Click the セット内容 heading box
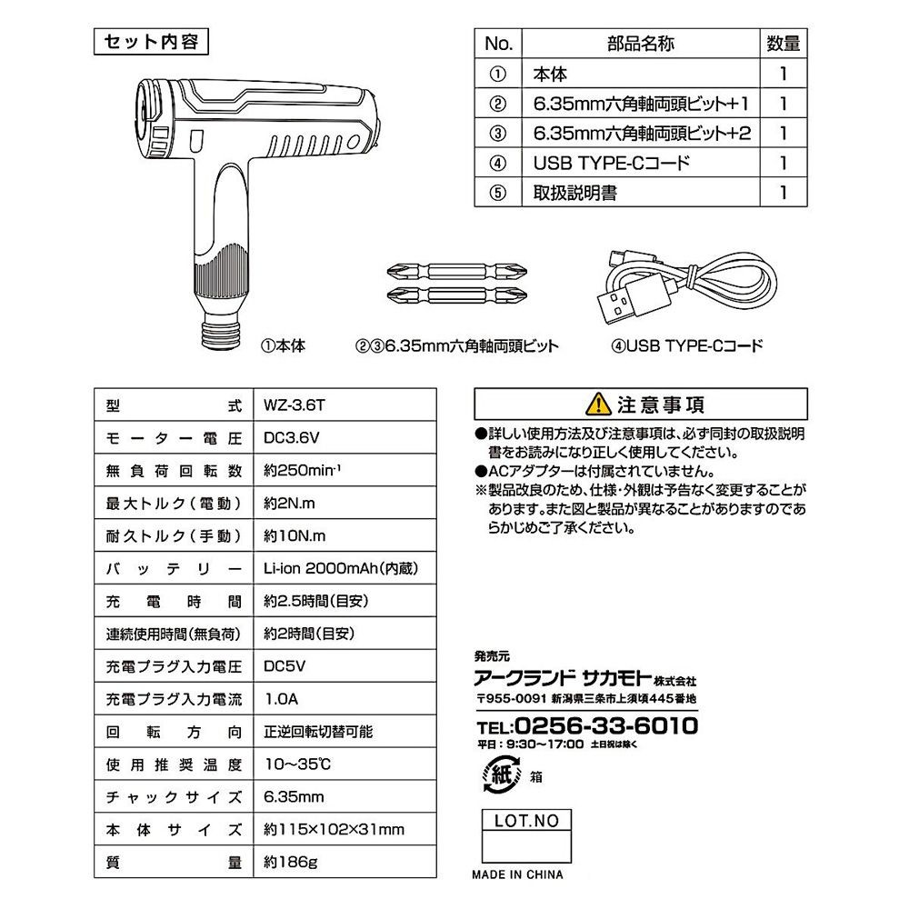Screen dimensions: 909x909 (151, 42)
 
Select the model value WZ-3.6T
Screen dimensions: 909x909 (292, 405)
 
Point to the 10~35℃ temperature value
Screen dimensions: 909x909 (291, 764)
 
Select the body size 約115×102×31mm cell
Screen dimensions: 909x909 (334, 828)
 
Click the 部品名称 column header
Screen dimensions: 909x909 (640, 44)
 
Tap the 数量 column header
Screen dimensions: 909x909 (783, 44)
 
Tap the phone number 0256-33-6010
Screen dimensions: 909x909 (605, 725)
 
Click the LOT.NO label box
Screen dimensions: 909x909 (526, 821)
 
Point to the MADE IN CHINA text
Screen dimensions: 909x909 (517, 874)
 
